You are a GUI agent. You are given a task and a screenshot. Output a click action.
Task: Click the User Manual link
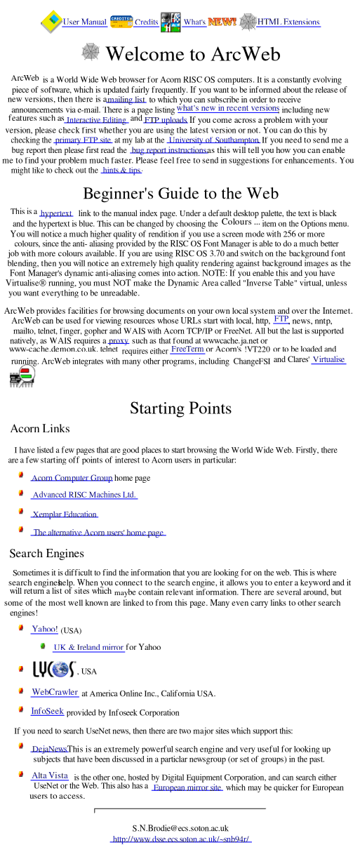pos(84,22)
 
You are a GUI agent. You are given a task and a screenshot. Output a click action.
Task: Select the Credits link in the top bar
pos(147,22)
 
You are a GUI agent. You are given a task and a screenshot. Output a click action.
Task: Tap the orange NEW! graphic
pos(222,22)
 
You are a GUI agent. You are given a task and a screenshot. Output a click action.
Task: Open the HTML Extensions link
pos(288,22)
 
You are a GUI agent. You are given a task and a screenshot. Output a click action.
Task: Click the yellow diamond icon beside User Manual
pos(51,22)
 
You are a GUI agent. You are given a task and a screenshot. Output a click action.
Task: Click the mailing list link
pos(126,100)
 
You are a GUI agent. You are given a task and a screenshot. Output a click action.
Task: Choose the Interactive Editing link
pos(97,120)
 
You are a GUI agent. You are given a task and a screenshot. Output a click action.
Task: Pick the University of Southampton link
pos(213,140)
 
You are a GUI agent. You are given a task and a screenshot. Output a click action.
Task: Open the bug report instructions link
pos(168,150)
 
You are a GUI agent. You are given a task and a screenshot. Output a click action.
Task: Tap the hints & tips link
pos(121,170)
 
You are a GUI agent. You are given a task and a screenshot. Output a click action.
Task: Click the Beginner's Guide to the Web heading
pos(181,193)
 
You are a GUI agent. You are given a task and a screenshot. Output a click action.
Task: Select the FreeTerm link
pos(187,350)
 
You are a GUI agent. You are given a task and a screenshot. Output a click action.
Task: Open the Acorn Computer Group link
pos(72,478)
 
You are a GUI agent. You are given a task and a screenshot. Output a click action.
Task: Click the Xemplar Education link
pos(65,514)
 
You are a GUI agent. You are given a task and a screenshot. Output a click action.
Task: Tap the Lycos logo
pos(54,669)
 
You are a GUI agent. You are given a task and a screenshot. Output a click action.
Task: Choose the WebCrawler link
pos(55,692)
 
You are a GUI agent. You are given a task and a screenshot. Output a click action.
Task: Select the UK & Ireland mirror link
pos(88,647)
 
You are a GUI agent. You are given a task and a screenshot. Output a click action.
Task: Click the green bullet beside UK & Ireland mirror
pos(43,646)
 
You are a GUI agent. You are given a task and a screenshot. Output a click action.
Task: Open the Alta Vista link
pos(50,776)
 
